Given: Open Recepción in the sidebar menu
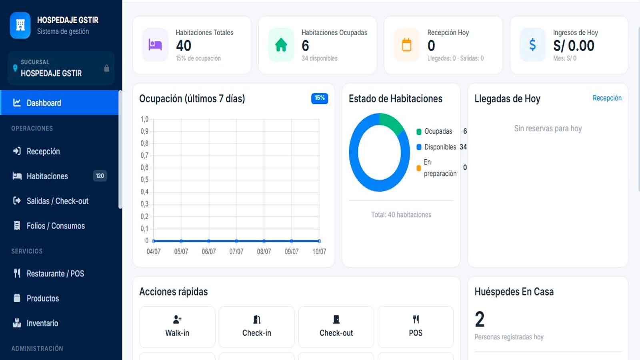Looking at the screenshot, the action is click(x=43, y=152).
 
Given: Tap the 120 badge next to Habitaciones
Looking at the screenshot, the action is click(x=100, y=176).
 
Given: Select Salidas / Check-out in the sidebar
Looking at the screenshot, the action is click(x=58, y=201).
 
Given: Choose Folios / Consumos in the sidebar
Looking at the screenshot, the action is click(x=56, y=226).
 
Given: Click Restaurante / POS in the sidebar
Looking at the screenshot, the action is click(x=56, y=274).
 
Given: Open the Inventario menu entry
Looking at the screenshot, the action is click(x=42, y=324).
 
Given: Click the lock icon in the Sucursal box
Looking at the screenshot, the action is click(x=106, y=68).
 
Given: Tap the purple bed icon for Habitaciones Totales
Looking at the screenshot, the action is click(x=155, y=45).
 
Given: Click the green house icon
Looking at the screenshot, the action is click(x=281, y=45).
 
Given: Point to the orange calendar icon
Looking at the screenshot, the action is click(x=406, y=45).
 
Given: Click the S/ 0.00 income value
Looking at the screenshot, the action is click(x=574, y=46).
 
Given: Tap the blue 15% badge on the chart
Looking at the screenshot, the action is click(x=320, y=98).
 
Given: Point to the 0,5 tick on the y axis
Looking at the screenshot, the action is click(x=144, y=180).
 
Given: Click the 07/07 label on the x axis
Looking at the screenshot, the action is click(x=236, y=252).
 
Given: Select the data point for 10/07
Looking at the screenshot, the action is click(x=319, y=241).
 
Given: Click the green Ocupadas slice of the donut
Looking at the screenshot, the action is click(x=392, y=123).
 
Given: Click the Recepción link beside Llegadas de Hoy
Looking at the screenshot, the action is click(x=607, y=98).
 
